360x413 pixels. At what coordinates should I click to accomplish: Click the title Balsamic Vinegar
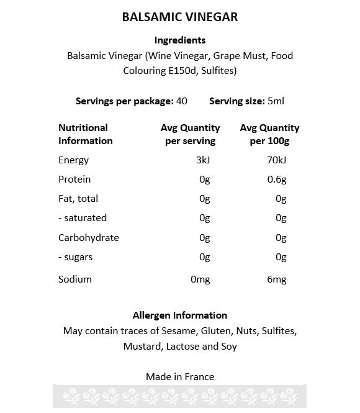pyautogui.click(x=180, y=17)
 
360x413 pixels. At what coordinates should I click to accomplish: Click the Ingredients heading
pyautogui.click(x=180, y=40)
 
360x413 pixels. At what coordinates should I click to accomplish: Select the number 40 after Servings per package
pyautogui.click(x=182, y=101)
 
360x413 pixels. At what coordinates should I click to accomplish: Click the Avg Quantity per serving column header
pyautogui.click(x=190, y=134)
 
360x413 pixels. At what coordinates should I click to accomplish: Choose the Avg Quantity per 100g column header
pyautogui.click(x=269, y=134)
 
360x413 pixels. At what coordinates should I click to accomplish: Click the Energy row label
pyautogui.click(x=74, y=160)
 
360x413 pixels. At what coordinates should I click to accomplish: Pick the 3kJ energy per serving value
pyautogui.click(x=203, y=160)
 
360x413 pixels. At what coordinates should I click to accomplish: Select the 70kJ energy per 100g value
pyautogui.click(x=276, y=160)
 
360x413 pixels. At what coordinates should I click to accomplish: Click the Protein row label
pyautogui.click(x=74, y=179)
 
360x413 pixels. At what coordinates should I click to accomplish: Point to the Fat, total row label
pyautogui.click(x=78, y=199)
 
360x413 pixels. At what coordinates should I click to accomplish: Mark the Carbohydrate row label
pyautogui.click(x=89, y=237)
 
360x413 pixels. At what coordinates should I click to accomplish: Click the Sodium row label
pyautogui.click(x=75, y=279)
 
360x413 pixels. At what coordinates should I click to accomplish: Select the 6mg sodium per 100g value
pyautogui.click(x=276, y=279)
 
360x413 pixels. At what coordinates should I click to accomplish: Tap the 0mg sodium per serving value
pyautogui.click(x=200, y=279)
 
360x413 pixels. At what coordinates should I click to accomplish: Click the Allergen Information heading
pyautogui.click(x=180, y=315)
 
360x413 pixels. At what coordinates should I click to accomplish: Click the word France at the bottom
pyautogui.click(x=200, y=376)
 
